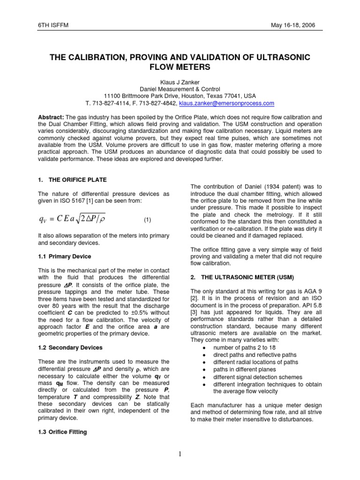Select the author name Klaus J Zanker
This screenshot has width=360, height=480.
pos(180,82)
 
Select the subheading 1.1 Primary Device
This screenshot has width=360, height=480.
pos(65,256)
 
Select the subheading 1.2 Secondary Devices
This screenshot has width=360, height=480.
pos(70,347)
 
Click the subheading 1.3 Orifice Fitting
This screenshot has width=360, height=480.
pos(62,432)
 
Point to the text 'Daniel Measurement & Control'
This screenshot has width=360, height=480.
pos(180,89)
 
